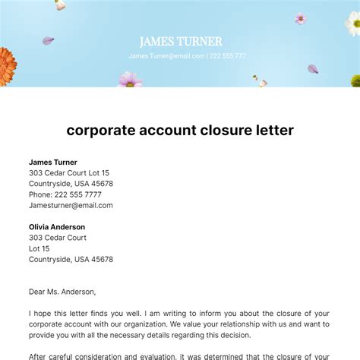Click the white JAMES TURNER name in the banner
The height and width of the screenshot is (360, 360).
pos(180,42)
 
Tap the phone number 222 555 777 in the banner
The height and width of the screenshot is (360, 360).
pos(227,56)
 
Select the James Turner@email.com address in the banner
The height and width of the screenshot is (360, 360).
pos(166,56)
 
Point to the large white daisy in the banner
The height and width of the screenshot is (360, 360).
pos(353,23)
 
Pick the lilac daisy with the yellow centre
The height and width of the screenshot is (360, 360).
pos(130,79)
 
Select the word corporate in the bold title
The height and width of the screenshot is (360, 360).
pos(101,130)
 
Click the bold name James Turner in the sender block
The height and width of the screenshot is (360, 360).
pos(54,162)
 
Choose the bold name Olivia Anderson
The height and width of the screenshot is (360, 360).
pos(57,227)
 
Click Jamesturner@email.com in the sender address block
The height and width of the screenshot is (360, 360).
pos(71,205)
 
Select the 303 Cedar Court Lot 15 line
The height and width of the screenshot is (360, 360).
pos(69,173)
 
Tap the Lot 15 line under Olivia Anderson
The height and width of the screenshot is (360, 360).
pos(39,248)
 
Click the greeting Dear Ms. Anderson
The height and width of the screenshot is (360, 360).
pos(62,292)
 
